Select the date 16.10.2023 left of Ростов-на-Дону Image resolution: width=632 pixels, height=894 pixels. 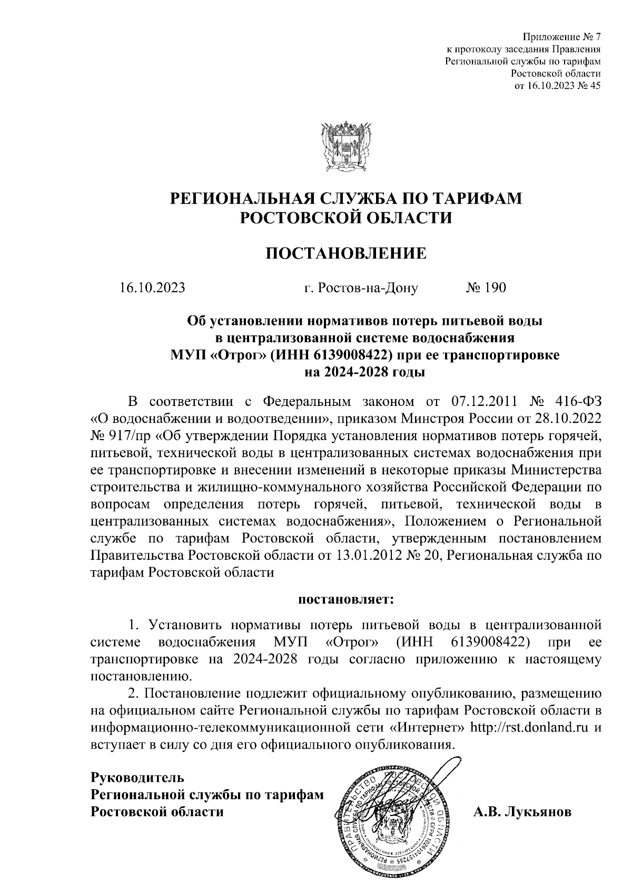(x=152, y=287)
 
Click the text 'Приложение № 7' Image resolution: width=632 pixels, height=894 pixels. (x=561, y=37)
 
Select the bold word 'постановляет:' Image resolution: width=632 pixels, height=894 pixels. (x=346, y=599)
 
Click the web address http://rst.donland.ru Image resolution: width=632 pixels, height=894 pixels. (x=529, y=728)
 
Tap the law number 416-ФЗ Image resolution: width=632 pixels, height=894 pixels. (x=574, y=402)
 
